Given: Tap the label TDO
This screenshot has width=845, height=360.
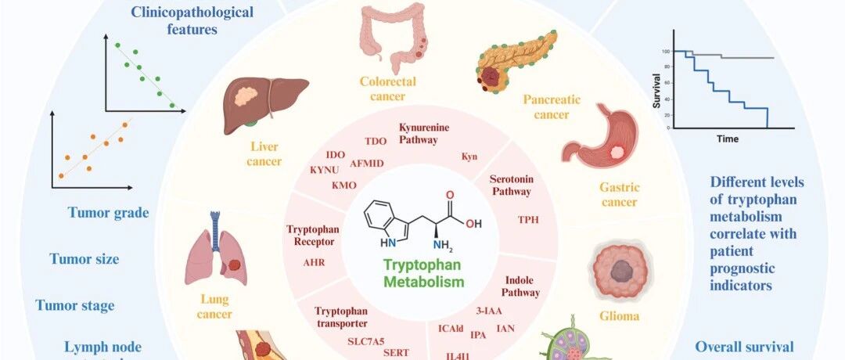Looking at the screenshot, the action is click(x=376, y=141).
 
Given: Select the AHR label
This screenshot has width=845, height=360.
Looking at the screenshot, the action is click(x=314, y=263).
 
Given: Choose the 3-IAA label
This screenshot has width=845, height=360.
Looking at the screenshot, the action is click(x=489, y=311).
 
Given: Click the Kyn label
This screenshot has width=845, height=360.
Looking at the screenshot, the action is click(x=469, y=157).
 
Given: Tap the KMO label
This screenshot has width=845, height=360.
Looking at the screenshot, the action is click(x=344, y=185).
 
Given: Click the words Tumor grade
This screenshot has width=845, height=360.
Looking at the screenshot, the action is click(x=108, y=212).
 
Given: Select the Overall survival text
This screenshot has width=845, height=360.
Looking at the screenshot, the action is click(x=744, y=347).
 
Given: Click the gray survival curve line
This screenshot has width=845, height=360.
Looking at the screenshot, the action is click(x=735, y=57).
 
